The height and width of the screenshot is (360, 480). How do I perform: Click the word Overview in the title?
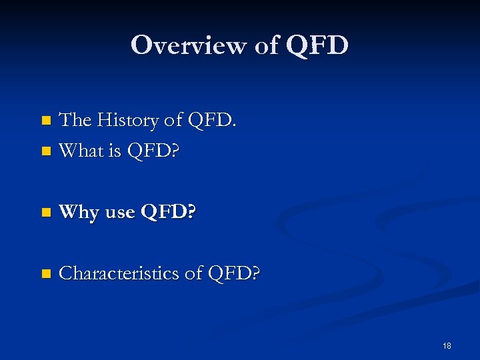click(x=189, y=45)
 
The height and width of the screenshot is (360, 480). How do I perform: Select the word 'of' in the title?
click(x=266, y=45)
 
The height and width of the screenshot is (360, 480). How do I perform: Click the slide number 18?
click(x=447, y=346)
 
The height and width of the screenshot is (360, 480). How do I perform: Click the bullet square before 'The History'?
click(x=45, y=121)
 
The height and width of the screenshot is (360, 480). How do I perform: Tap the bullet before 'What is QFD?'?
click(x=45, y=152)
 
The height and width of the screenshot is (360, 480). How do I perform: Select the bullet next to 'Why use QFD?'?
click(x=45, y=213)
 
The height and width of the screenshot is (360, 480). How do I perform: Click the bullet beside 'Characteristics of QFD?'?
click(x=45, y=274)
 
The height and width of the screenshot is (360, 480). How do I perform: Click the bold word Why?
click(x=79, y=213)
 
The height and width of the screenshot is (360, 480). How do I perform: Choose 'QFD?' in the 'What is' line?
click(x=155, y=151)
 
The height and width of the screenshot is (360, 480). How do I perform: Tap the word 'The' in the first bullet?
click(x=75, y=121)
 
